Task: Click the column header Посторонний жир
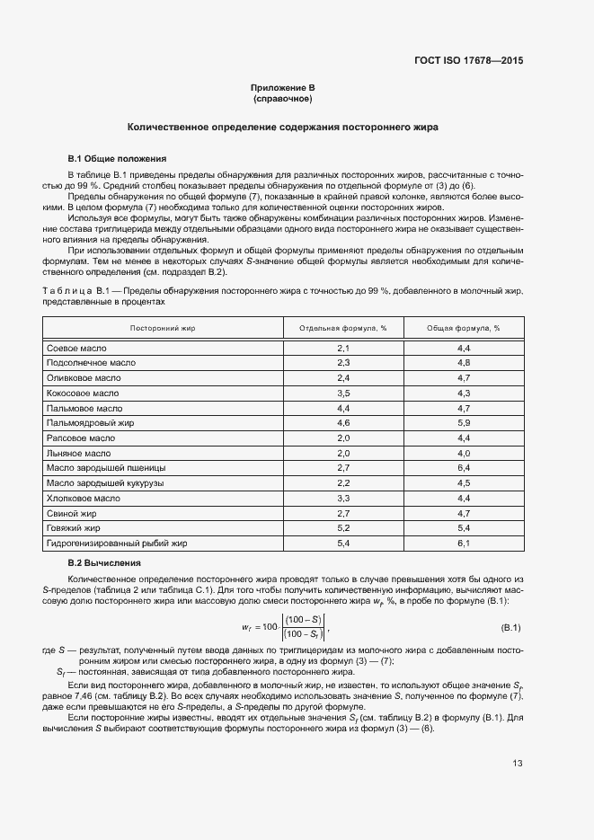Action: tap(163, 328)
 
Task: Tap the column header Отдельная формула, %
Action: tap(342, 328)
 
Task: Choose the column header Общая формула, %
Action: tap(464, 328)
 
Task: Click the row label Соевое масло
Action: tap(76, 347)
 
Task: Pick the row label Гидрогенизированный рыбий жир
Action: tap(116, 543)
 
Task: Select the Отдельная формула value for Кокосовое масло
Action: tap(342, 393)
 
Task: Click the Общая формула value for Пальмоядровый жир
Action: tap(464, 422)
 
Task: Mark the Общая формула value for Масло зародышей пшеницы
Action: tap(464, 467)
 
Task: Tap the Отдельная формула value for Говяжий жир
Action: tap(342, 527)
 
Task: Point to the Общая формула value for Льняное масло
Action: tap(464, 453)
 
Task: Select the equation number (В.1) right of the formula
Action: tap(511, 626)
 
